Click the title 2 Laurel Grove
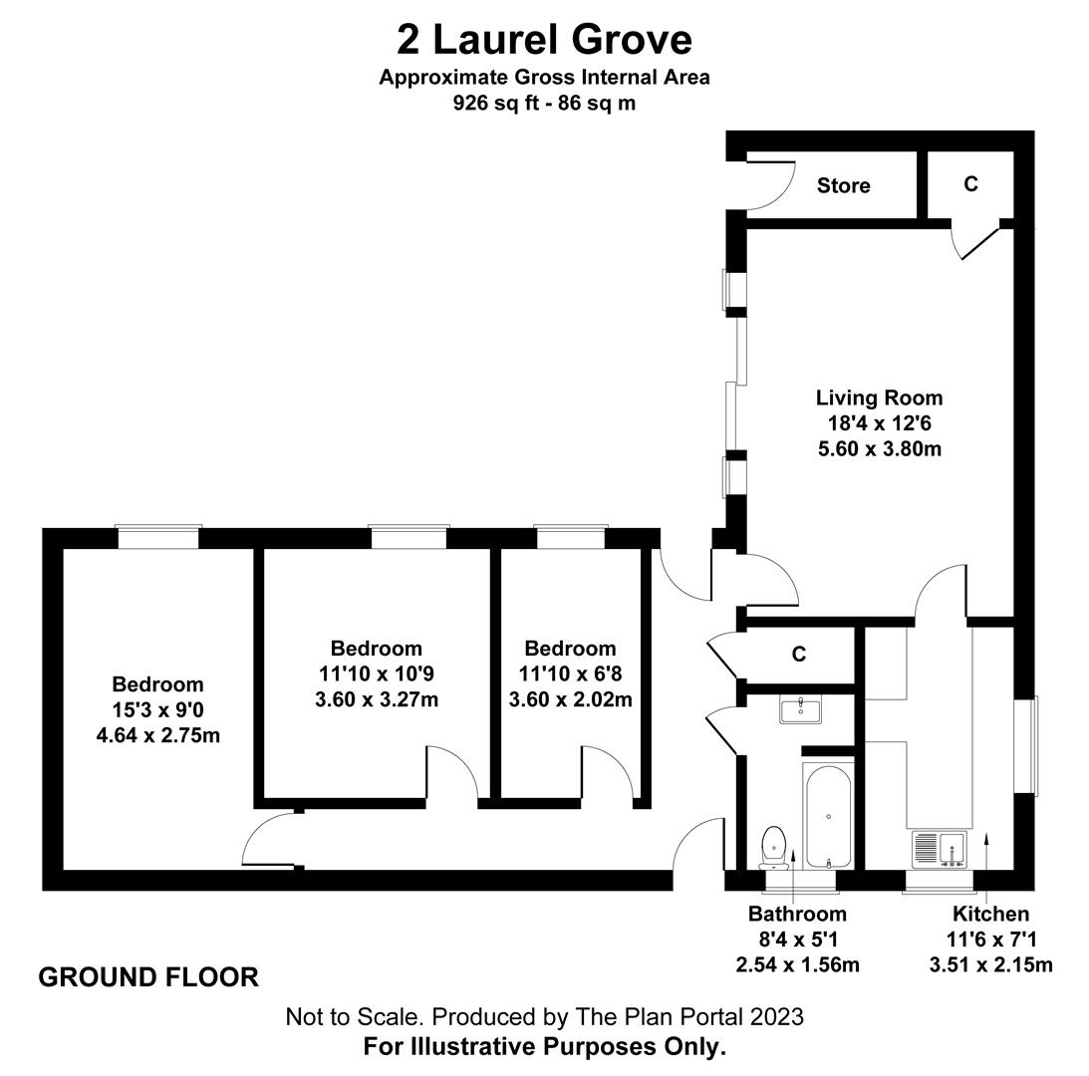[544, 40]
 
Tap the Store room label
[843, 185]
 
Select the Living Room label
[879, 399]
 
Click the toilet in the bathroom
[773, 847]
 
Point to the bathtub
[828, 816]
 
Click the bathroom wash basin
[800, 710]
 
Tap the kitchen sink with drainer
[939, 849]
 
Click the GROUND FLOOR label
[148, 977]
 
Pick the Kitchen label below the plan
[990, 914]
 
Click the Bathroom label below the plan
[797, 914]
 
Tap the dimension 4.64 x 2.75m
[158, 735]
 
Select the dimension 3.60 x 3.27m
[377, 698]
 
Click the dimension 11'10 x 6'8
[570, 673]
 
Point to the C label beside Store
[970, 183]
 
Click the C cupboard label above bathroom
[799, 654]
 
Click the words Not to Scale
[355, 1017]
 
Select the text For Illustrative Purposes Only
[544, 1046]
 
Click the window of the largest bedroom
[158, 538]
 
